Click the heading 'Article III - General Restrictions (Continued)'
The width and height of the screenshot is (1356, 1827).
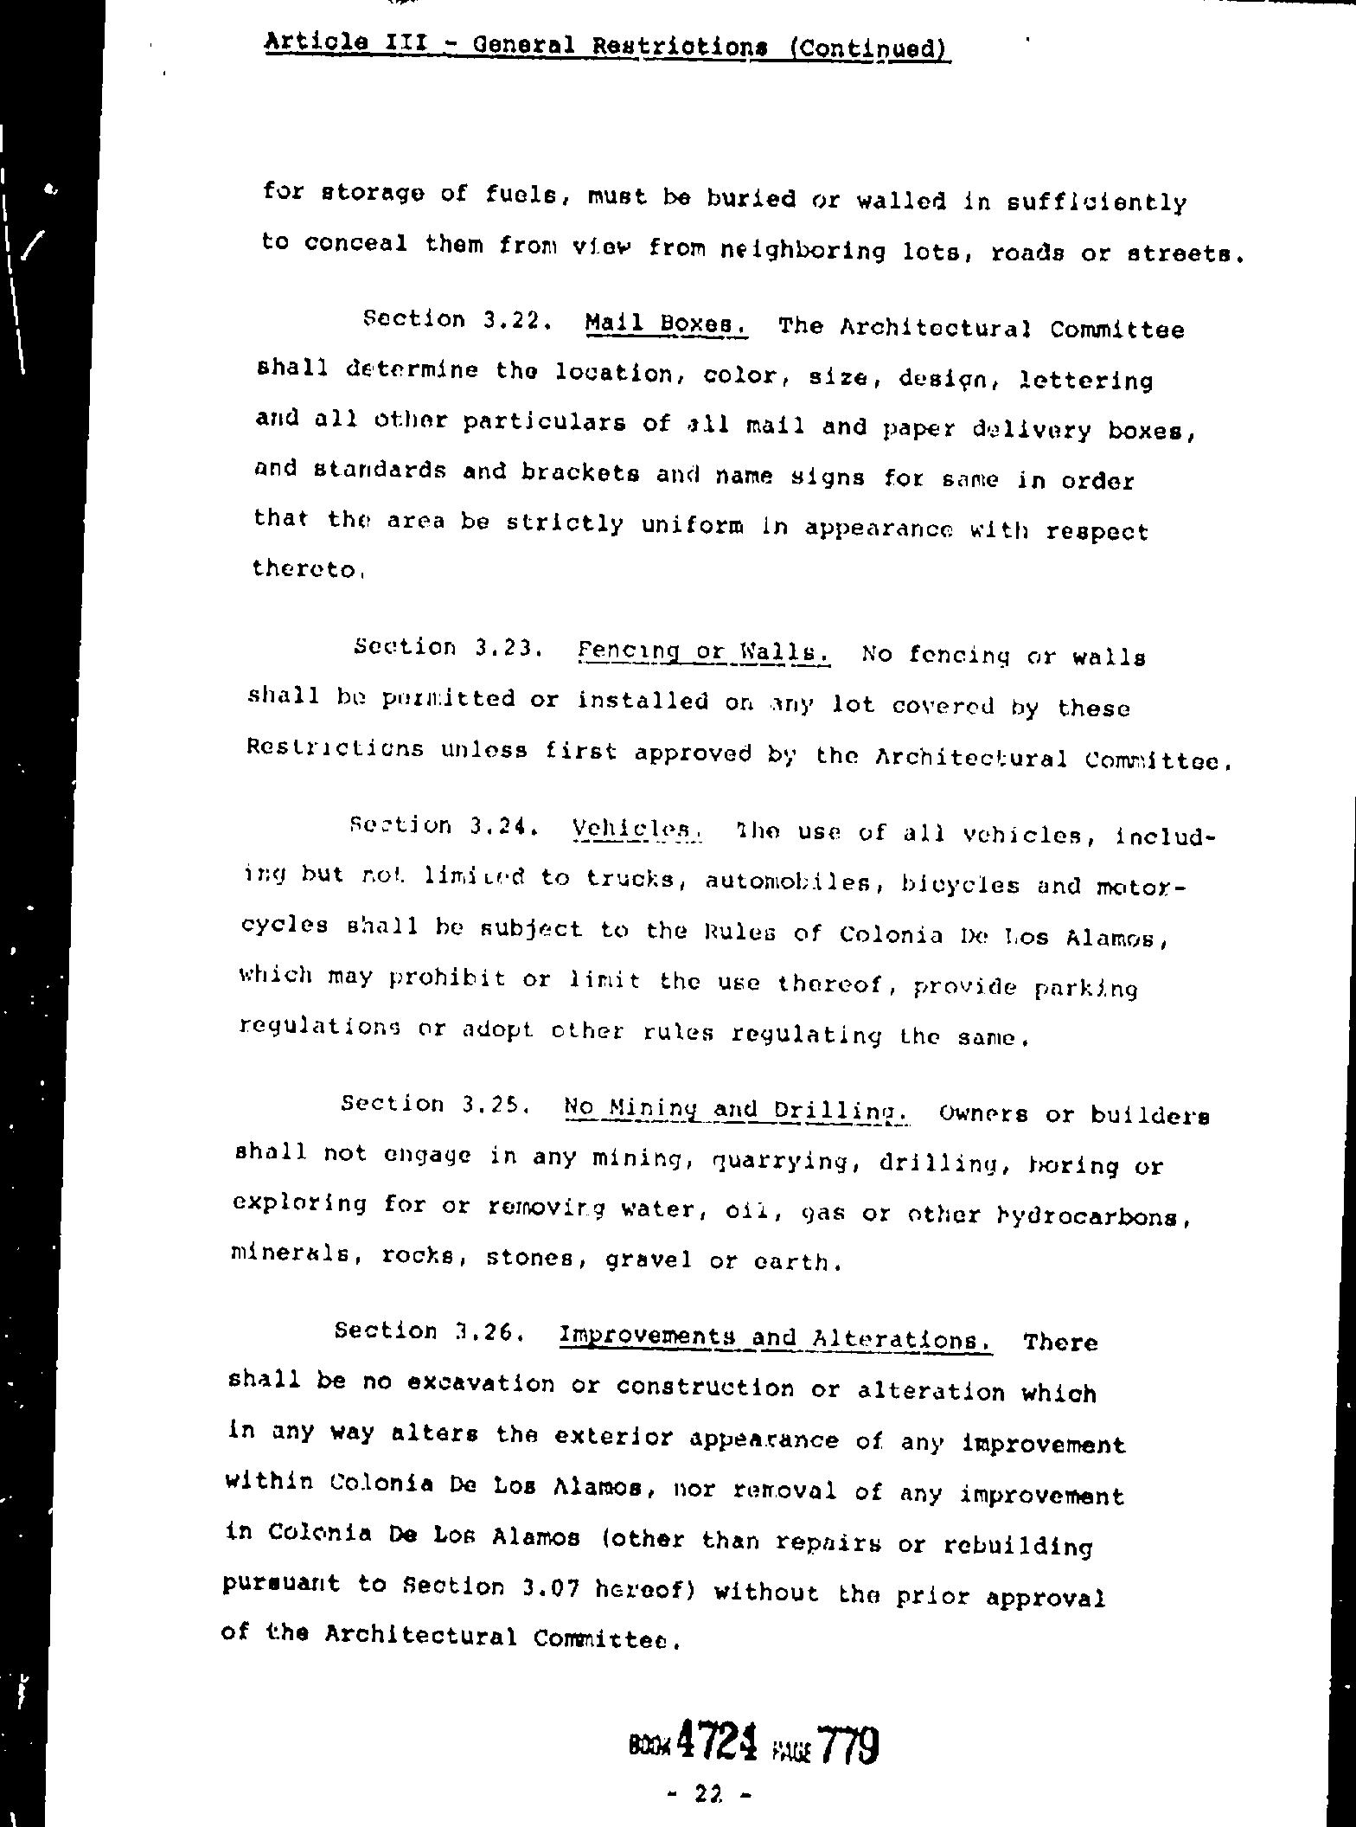607,44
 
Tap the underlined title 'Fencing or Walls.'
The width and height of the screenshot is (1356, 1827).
704,651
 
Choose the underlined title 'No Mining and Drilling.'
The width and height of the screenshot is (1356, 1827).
734,1109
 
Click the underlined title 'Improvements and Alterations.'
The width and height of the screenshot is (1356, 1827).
776,1337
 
